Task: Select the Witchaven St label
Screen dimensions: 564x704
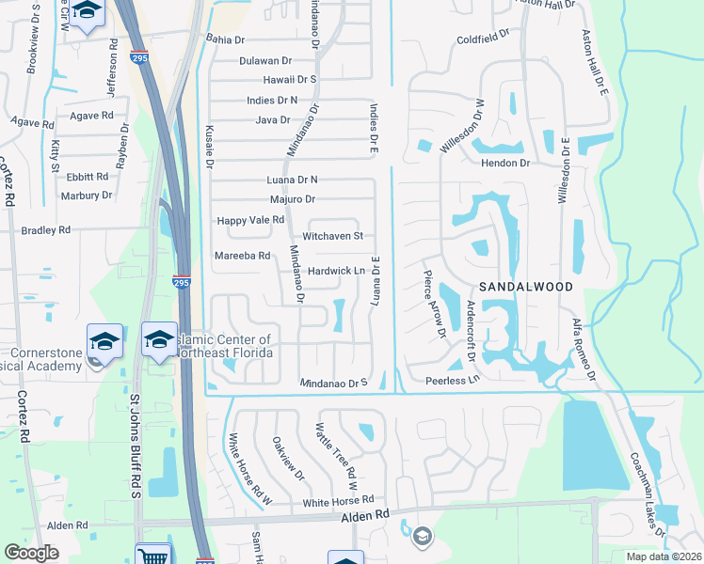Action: pos(332,237)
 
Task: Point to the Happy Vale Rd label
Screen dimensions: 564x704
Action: pos(250,220)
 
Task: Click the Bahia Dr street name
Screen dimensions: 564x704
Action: pos(225,39)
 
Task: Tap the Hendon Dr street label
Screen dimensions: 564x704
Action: pos(505,163)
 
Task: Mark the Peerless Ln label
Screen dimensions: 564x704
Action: pos(453,381)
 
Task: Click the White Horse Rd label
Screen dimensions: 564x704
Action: pos(339,500)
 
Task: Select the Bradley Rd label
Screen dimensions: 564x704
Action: pos(46,229)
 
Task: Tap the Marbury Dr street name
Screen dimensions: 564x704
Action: pos(87,196)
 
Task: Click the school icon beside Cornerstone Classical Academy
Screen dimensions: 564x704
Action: pos(104,339)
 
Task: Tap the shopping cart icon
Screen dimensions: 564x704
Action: pos(152,555)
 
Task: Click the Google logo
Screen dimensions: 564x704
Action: pos(32,553)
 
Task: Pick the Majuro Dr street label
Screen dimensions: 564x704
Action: pos(292,199)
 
